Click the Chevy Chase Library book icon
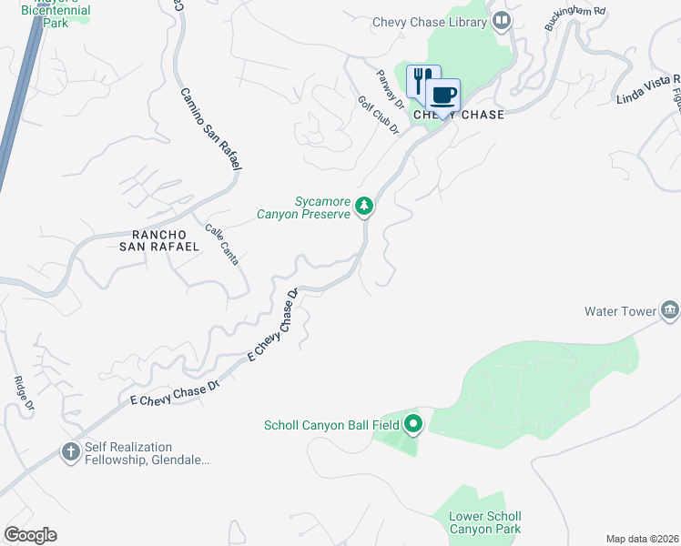501,21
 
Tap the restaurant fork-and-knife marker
422,81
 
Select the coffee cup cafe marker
443,95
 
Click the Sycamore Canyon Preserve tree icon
364,207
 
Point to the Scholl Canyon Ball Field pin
413,424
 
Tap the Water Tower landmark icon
670,310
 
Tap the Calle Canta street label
222,245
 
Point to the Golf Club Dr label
379,116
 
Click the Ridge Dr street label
24,392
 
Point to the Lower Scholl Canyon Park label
484,522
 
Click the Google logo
30,535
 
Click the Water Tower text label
620,311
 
